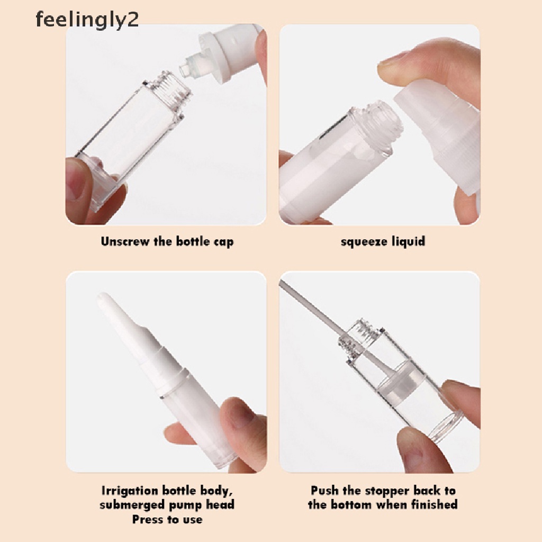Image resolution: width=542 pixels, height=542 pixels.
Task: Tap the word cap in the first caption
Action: click(x=222, y=242)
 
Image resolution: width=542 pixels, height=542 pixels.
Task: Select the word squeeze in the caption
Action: click(x=362, y=242)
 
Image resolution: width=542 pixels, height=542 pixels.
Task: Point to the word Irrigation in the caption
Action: click(x=129, y=491)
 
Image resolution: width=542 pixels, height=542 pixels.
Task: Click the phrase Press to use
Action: click(x=167, y=519)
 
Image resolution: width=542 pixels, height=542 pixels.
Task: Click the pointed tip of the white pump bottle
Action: click(x=105, y=301)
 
